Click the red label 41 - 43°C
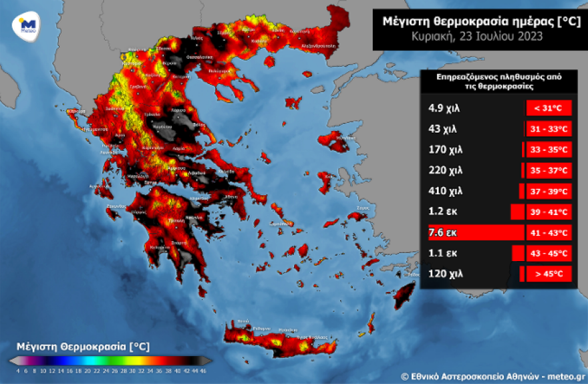[x=549, y=232]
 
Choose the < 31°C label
[x=549, y=108]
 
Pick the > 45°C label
[x=549, y=274]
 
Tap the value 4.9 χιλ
[x=445, y=108]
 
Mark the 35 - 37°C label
[x=549, y=170]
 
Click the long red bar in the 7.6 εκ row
[x=476, y=232]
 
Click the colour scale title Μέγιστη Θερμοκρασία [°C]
[x=82, y=347]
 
